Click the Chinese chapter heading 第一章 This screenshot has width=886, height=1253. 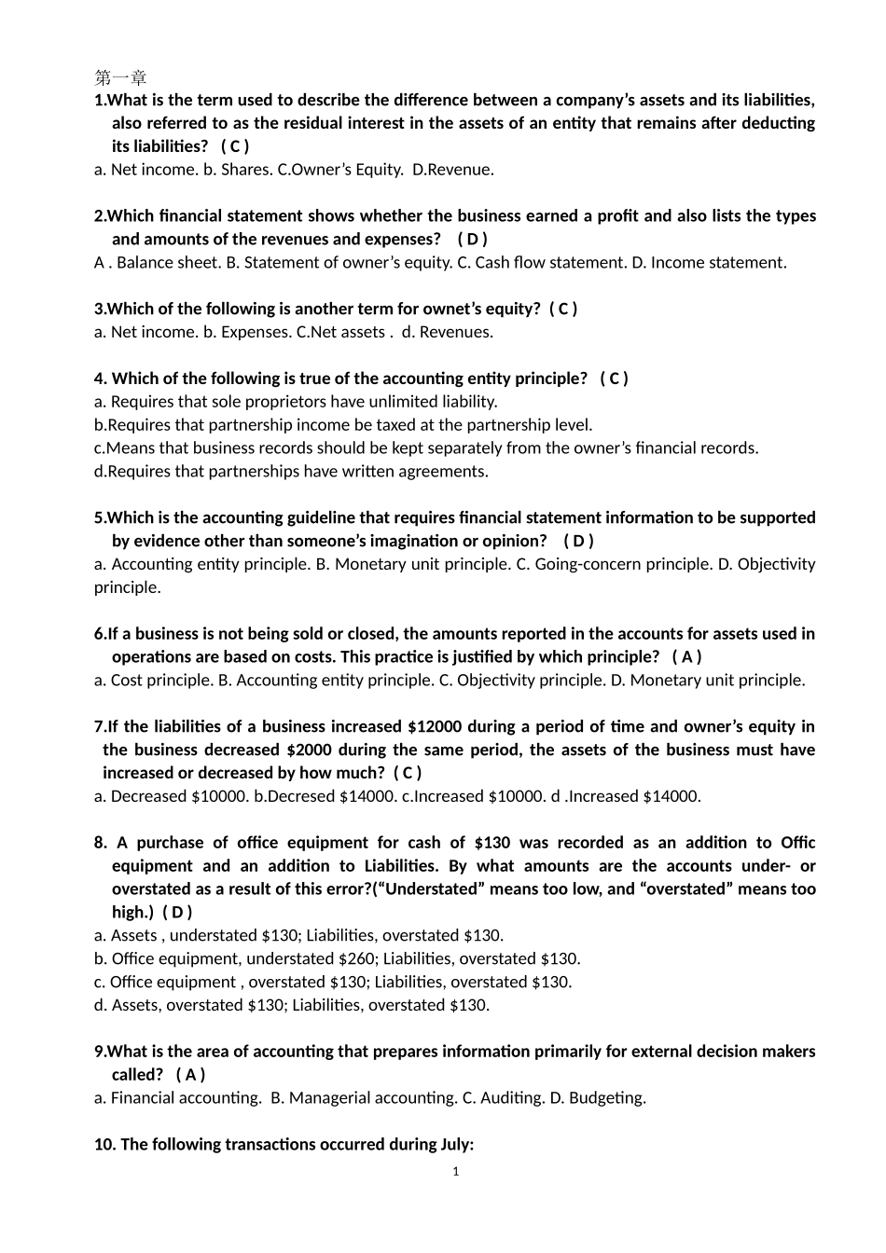click(120, 76)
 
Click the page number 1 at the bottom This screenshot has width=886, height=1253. click(455, 1172)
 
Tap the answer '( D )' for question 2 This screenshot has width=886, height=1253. click(472, 240)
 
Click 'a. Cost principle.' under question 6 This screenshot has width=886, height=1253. click(154, 681)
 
